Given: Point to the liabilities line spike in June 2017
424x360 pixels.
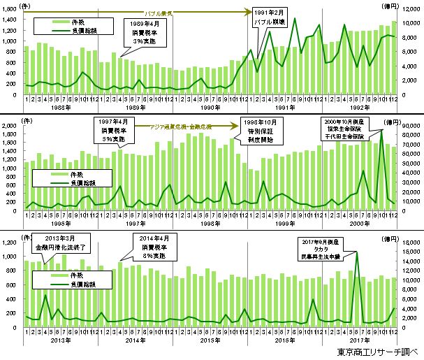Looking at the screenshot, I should point(357,252).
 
